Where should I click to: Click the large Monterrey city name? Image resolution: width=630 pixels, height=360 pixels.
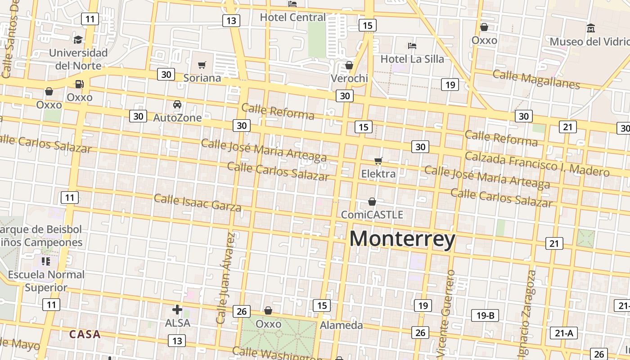(402, 239)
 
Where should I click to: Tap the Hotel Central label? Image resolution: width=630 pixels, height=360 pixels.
(293, 18)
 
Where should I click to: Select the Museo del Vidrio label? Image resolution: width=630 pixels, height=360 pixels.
(590, 42)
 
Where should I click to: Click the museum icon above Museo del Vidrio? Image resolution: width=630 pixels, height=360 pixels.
(591, 28)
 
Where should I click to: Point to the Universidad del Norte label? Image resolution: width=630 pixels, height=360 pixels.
(78, 59)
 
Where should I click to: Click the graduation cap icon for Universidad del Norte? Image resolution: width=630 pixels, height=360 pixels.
(78, 40)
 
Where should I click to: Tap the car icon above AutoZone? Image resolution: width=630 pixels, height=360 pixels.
(177, 105)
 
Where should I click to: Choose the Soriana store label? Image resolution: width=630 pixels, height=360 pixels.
(202, 78)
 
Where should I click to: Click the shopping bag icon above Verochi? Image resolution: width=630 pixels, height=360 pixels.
(349, 66)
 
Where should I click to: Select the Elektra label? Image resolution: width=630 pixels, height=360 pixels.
(378, 174)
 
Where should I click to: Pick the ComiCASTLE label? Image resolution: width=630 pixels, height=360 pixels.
(372, 215)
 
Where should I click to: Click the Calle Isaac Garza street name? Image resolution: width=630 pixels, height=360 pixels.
(198, 202)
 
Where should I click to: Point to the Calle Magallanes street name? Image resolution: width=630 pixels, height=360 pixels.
(536, 80)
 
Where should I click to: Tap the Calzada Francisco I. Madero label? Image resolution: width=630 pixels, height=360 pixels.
(537, 164)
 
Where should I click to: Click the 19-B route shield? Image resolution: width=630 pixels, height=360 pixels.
(485, 315)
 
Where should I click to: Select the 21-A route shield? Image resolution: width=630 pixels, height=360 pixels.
(564, 333)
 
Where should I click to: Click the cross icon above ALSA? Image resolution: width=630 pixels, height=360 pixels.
(177, 310)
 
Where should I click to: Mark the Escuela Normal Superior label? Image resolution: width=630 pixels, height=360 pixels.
(46, 281)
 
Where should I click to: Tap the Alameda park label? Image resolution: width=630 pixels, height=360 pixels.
(341, 325)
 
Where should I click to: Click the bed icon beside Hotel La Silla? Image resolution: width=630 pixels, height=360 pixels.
(412, 46)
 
